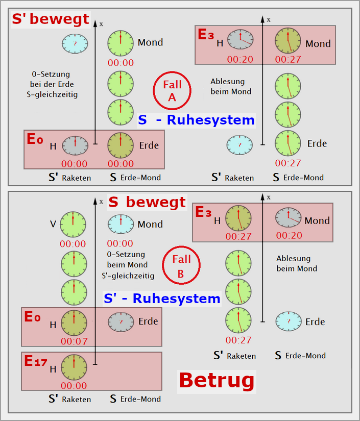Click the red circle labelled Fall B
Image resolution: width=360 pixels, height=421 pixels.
181,266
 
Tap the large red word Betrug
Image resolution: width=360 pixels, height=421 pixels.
217,380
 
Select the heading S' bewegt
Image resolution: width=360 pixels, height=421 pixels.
51,20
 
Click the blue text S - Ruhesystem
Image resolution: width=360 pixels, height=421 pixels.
197,120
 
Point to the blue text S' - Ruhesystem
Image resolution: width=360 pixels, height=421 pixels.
162,298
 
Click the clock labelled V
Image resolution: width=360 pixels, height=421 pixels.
73,224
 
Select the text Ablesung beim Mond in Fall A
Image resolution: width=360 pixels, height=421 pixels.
227,86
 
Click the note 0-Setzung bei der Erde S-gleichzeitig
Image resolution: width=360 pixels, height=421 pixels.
55,84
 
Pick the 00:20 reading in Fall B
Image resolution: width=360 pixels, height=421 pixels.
290,235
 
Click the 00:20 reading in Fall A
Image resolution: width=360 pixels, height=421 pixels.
240,59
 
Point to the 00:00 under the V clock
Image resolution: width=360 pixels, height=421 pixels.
73,244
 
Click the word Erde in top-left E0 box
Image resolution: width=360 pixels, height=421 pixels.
149,145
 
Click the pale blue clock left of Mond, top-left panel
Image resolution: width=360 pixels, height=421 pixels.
75,43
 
